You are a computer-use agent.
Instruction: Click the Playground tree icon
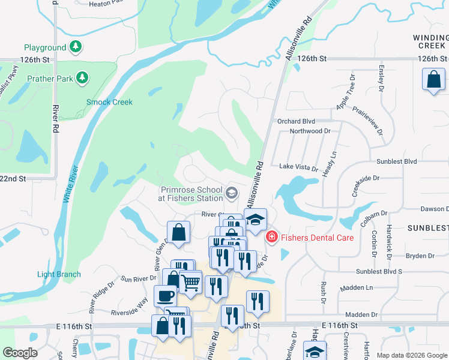75,46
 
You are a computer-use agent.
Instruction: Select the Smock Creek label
109,102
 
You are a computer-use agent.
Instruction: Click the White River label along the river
70,186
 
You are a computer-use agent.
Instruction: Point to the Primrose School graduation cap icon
232,193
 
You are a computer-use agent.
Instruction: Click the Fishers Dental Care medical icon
271,238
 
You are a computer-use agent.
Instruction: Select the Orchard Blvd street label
296,121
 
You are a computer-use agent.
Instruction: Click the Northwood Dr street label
310,131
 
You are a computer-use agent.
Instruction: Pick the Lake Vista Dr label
298,169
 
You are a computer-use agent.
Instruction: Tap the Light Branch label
59,275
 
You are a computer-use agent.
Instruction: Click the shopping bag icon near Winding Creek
433,79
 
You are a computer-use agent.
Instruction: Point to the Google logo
20,353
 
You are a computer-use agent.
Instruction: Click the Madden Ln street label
357,288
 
